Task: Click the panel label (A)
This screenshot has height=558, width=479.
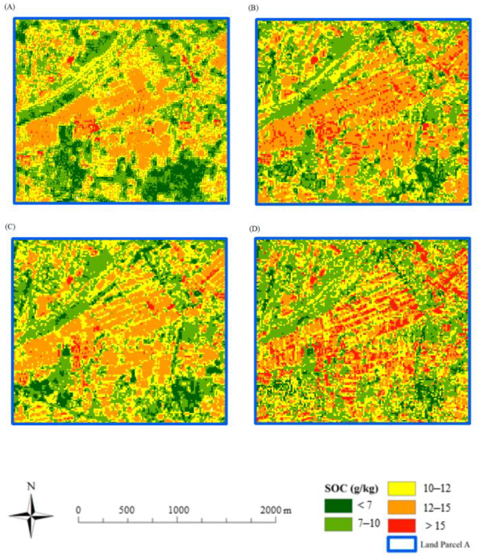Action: (x=10, y=7)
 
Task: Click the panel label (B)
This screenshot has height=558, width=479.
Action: (x=253, y=8)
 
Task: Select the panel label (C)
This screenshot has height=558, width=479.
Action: (x=10, y=227)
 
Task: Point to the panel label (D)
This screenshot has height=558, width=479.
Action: (x=254, y=229)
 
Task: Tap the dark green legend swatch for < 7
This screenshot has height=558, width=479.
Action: (x=338, y=506)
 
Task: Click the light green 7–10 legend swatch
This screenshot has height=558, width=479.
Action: (x=338, y=524)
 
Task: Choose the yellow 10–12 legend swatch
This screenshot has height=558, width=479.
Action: (x=402, y=489)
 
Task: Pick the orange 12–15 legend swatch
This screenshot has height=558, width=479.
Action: (x=402, y=507)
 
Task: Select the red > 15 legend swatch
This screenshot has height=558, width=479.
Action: (x=402, y=525)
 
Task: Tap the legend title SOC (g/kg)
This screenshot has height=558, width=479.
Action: (x=351, y=488)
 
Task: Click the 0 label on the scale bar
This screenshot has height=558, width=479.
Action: (x=78, y=510)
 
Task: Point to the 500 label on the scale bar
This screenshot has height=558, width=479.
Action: (x=127, y=510)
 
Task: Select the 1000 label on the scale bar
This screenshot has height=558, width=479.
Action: (x=179, y=510)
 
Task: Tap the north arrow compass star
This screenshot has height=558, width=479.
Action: (x=31, y=516)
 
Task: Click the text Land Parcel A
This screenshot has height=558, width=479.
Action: (x=445, y=545)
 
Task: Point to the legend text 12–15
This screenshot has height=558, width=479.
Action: (x=437, y=507)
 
